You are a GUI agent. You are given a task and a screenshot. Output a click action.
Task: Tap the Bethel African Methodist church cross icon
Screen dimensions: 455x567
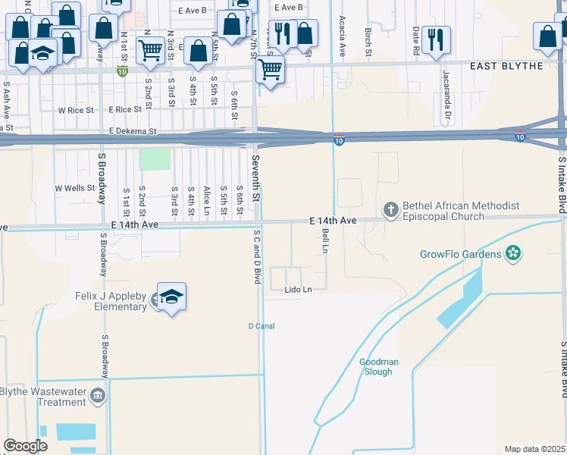(x=390, y=209)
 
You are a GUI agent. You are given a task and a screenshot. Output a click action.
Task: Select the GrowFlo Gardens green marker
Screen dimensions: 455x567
(x=513, y=253)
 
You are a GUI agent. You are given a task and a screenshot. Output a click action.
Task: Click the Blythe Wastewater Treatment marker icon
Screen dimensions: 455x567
(x=97, y=396)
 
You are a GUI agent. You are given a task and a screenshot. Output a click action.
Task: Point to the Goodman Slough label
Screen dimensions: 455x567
(x=375, y=367)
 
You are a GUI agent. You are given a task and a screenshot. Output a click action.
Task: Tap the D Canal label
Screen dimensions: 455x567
(x=261, y=326)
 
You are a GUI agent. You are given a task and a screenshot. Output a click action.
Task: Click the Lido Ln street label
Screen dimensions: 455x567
(x=298, y=290)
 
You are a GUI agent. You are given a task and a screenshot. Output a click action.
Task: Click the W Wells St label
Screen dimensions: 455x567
(x=74, y=188)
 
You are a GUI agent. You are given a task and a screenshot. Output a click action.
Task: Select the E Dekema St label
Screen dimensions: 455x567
(x=132, y=131)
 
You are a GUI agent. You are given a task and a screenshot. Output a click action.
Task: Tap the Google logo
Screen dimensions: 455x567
(x=25, y=446)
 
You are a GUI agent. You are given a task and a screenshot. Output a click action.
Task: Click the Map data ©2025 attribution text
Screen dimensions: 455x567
(x=534, y=449)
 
